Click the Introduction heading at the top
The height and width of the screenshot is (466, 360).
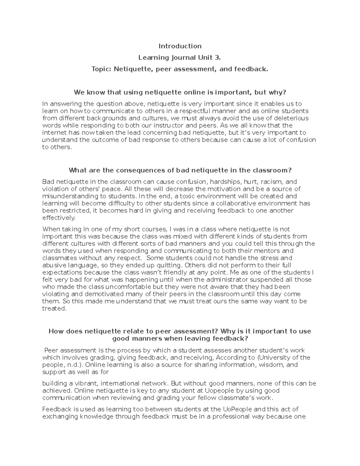(x=180, y=46)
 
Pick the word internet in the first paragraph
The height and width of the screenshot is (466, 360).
(x=54, y=133)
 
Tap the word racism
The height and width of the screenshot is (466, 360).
(x=271, y=182)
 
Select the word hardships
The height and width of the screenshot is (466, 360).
(x=226, y=182)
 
